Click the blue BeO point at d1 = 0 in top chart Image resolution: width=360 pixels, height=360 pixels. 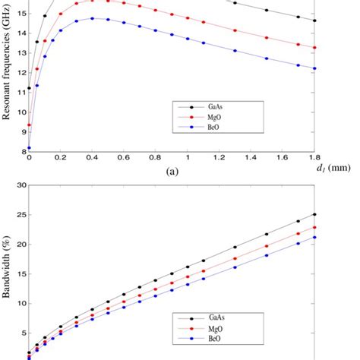pos(29,147)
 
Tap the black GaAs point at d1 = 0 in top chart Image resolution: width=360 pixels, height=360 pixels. pos(29,88)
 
